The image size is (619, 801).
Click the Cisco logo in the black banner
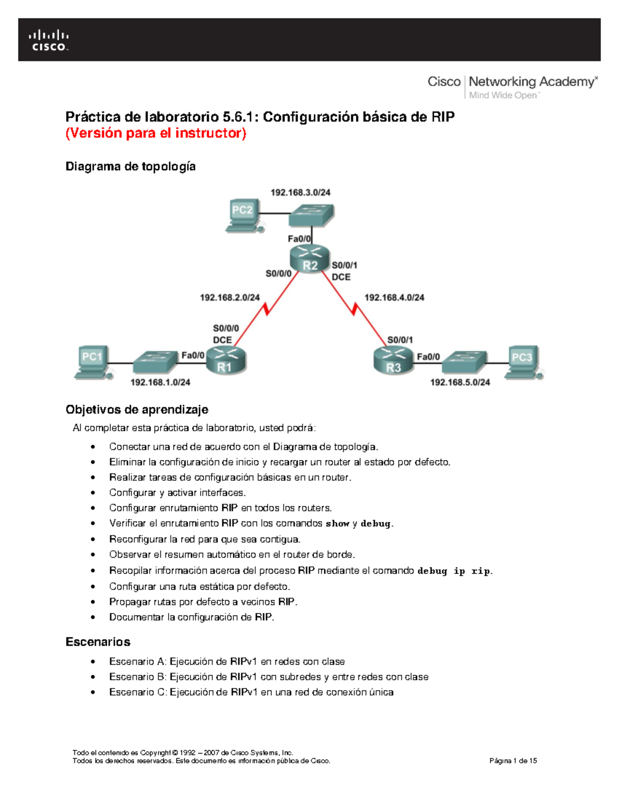coord(48,41)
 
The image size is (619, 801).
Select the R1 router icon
coord(226,360)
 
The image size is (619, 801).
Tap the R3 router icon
coord(394,360)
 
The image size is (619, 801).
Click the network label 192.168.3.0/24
coord(300,192)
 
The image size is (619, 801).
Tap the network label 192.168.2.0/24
coord(230,298)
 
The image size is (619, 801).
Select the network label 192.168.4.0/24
coord(394,298)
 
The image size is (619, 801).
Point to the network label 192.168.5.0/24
coord(460,382)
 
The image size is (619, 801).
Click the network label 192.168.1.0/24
coord(160,382)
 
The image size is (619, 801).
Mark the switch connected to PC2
coord(311,215)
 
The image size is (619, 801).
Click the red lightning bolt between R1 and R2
coord(266,309)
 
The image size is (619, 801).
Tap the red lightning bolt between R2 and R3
coord(354,309)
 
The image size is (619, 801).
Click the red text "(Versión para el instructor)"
coord(156,133)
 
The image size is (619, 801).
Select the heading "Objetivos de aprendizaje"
coord(137,410)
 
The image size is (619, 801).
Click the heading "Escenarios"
coord(97,642)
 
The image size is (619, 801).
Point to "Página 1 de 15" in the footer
coord(513,761)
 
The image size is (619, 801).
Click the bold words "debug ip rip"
coord(454,571)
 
